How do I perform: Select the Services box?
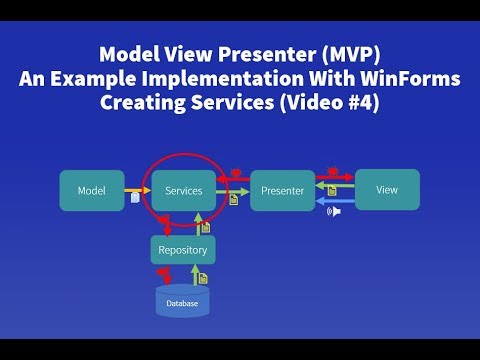pyautogui.click(x=183, y=190)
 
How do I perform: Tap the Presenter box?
pyautogui.click(x=282, y=190)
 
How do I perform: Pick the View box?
pyautogui.click(x=386, y=189)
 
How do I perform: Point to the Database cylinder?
pyautogui.click(x=183, y=301)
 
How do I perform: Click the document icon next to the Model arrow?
pyautogui.click(x=135, y=199)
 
